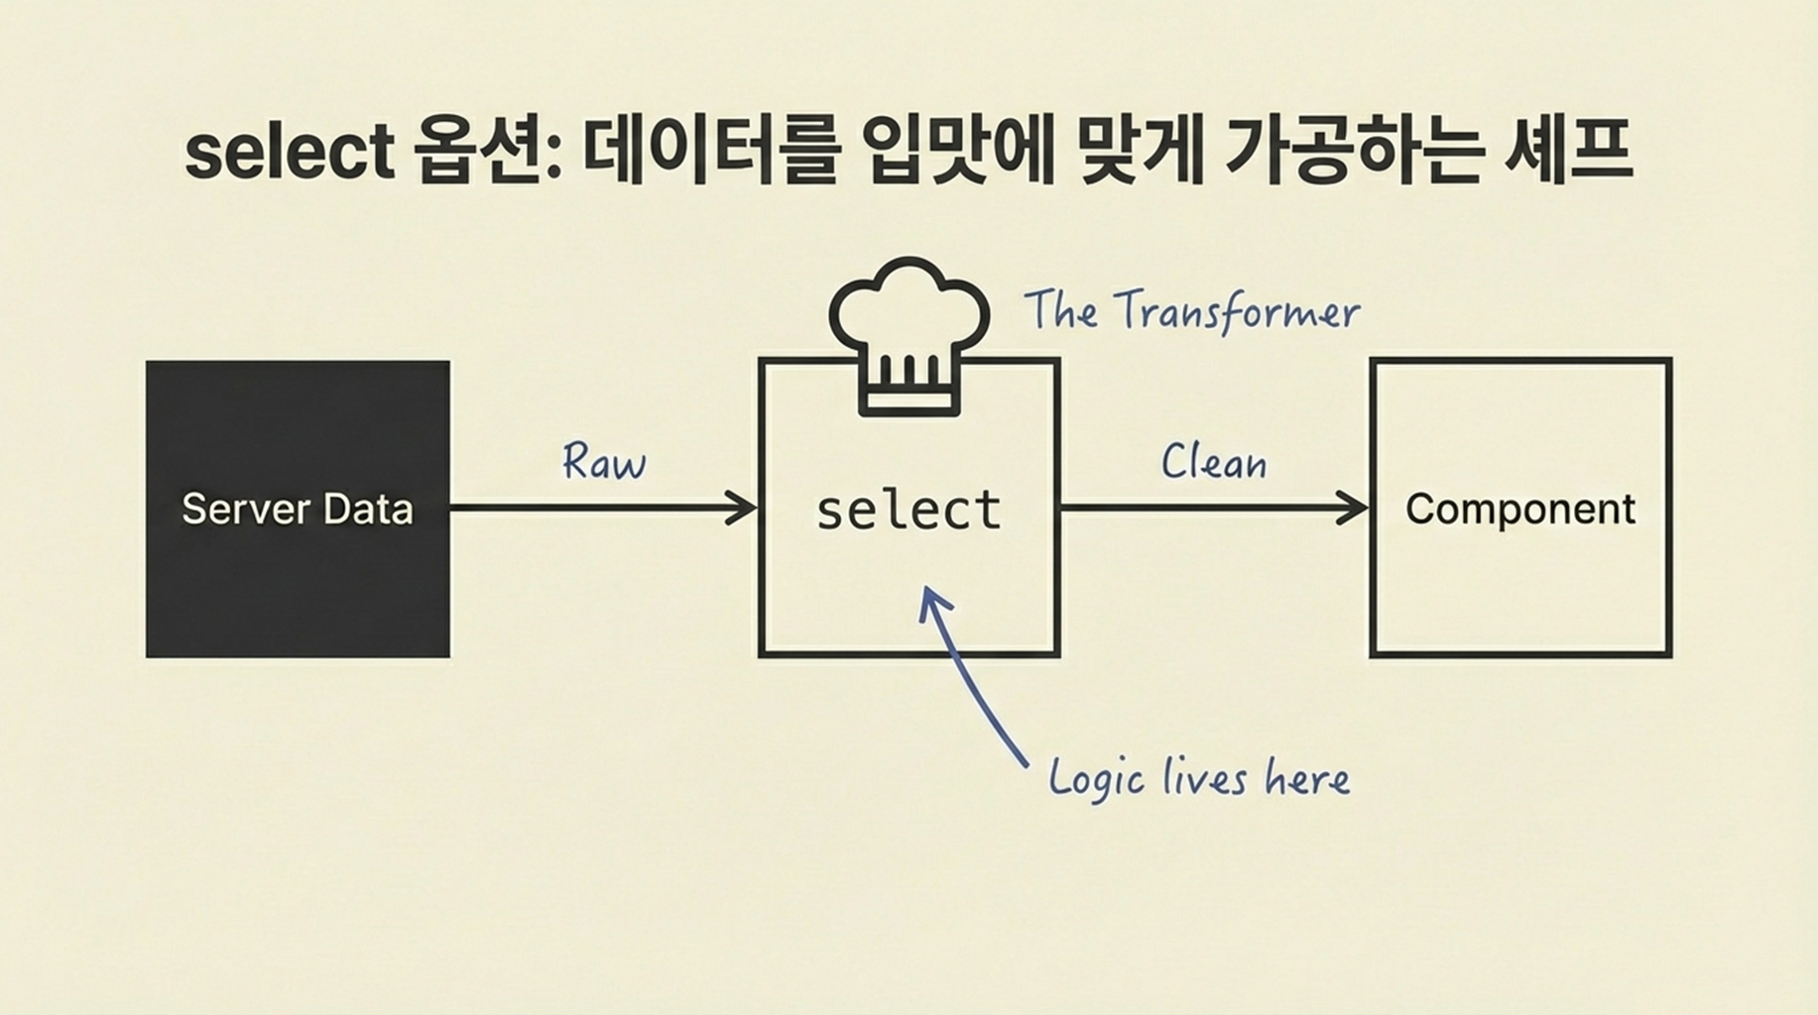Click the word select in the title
tap(290, 153)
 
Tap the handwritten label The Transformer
tap(1191, 311)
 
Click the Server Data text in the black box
tap(298, 509)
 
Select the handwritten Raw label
tap(604, 462)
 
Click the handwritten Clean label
tap(1214, 463)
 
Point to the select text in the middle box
tap(909, 510)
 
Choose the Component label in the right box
tap(1520, 509)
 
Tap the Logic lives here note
tap(1199, 778)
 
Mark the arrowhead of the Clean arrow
tap(1357, 507)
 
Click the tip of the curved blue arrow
tap(927, 592)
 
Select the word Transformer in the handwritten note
tap(1236, 312)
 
